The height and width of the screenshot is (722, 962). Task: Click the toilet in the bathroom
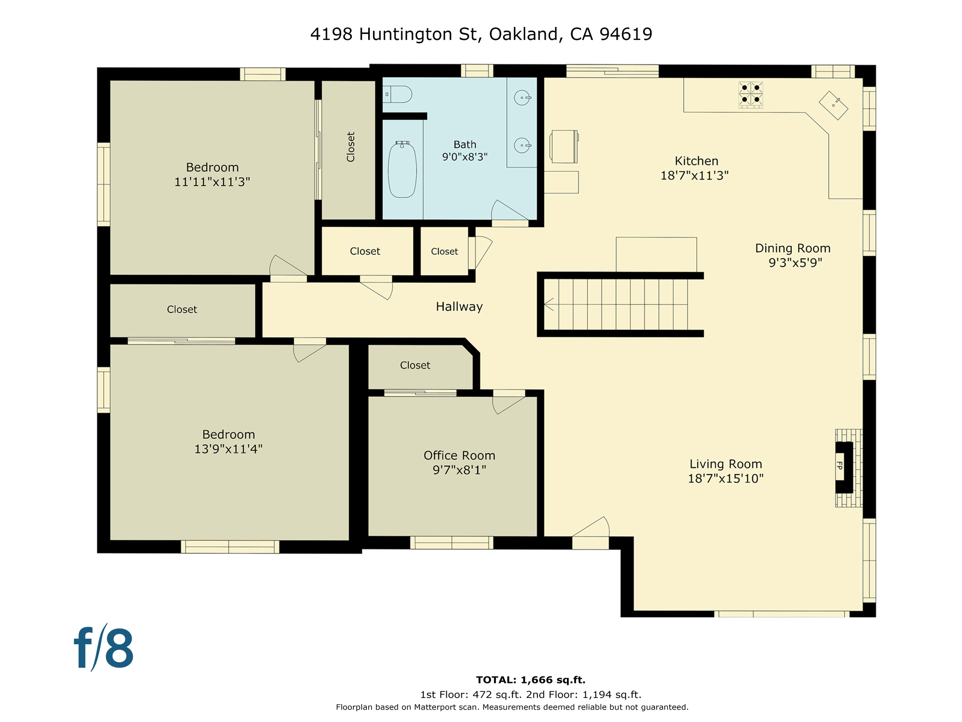398,94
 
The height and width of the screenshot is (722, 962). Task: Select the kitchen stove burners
750,94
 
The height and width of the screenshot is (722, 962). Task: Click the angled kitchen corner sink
833,105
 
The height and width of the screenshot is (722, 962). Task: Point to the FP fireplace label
840,466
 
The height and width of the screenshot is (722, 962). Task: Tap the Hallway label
459,307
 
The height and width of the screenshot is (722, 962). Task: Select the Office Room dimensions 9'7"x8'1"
459,470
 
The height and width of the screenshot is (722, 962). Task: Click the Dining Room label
792,248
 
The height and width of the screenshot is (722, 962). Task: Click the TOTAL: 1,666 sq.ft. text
530,680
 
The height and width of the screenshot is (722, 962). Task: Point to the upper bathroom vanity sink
522,98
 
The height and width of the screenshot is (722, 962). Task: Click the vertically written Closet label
350,147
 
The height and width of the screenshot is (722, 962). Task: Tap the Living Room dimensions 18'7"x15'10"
725,479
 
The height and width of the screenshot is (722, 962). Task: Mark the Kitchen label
696,161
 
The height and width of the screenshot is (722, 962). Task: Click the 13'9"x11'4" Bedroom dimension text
228,449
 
